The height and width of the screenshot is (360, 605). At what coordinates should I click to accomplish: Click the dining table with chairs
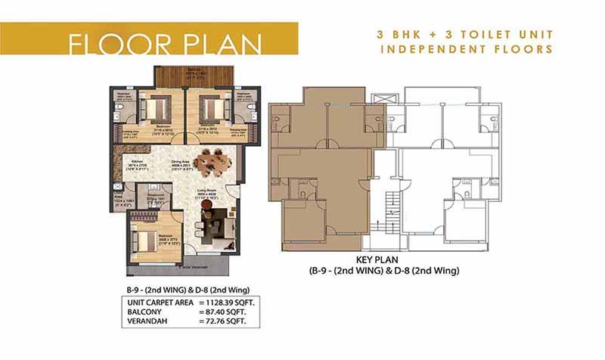(x=211, y=161)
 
